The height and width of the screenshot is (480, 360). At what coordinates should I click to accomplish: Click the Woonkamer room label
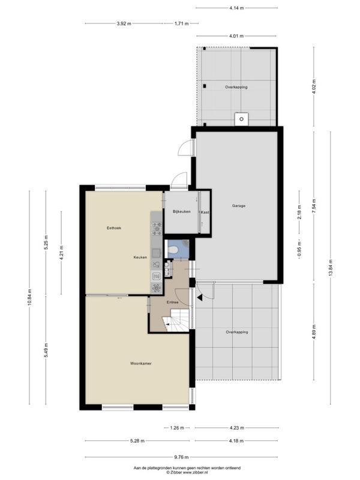coord(141,364)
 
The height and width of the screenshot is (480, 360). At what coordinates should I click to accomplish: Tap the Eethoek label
coord(114,228)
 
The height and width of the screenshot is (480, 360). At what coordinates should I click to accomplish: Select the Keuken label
coord(140,257)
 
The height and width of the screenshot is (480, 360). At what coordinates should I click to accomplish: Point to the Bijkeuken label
coord(182,212)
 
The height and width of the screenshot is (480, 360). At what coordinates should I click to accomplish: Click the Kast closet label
coord(205,212)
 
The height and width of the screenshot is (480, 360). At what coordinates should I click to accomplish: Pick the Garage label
coord(238,206)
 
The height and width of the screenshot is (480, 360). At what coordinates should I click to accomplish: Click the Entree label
coord(173,302)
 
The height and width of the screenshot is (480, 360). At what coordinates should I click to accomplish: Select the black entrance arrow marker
coord(200,297)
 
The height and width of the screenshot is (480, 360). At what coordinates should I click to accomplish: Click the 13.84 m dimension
coord(331,268)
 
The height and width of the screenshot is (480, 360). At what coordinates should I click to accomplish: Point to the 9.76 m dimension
coord(182,457)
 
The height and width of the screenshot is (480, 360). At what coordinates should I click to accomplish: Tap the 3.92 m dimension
coord(124,23)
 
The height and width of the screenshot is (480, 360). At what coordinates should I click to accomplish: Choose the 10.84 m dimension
coord(29,298)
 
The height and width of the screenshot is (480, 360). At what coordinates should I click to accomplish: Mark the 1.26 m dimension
coord(177,428)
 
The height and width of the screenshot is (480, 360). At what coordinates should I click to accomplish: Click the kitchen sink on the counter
coord(157,253)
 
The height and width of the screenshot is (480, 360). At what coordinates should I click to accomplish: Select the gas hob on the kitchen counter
coord(157,229)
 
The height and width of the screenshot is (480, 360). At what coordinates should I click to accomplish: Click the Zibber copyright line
coord(187,472)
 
